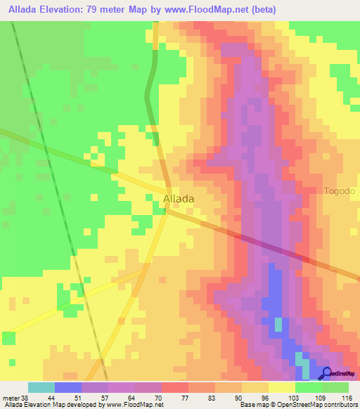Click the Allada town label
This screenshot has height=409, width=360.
coord(179,199)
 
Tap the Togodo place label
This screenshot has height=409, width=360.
coord(340,191)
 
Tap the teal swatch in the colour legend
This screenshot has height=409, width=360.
coord(41,387)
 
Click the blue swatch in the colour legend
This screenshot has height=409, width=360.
coord(68,387)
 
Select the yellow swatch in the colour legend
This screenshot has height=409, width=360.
coord(281,387)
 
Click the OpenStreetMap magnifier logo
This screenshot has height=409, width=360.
coord(328,373)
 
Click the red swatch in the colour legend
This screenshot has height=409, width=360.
coord(175,387)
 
